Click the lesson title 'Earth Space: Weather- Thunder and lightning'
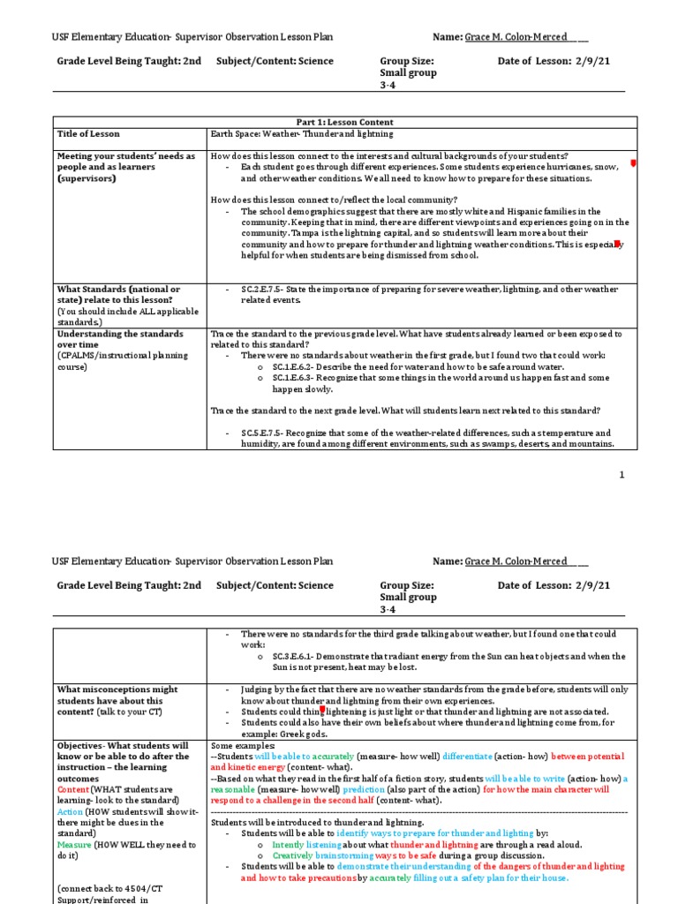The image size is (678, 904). [x=300, y=134]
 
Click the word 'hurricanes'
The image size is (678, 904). [x=553, y=167]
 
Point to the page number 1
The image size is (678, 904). [x=621, y=475]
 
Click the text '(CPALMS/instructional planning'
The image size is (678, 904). [x=122, y=356]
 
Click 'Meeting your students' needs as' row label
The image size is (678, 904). [x=126, y=156]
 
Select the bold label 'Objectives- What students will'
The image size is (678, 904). [x=123, y=745]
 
